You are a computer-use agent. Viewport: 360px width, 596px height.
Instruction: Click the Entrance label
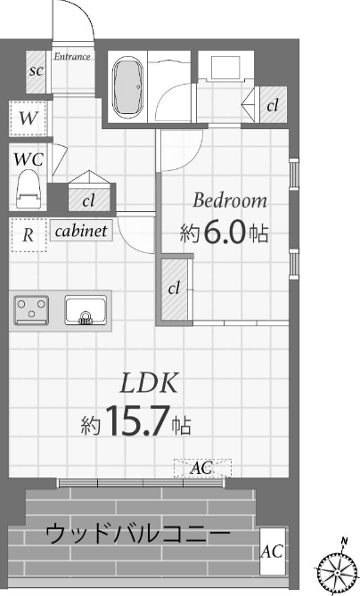(72, 57)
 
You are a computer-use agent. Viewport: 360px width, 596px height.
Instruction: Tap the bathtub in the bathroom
(128, 86)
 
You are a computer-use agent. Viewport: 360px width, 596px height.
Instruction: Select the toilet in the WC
(29, 189)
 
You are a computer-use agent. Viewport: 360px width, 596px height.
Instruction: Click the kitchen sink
(86, 310)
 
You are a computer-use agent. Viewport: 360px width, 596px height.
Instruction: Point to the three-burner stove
(31, 310)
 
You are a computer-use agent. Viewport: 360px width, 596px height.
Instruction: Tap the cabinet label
(81, 231)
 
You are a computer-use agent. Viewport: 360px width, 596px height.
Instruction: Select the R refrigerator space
(29, 235)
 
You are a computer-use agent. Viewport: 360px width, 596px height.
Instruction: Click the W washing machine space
(29, 118)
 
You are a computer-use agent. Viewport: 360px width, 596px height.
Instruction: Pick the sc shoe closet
(37, 71)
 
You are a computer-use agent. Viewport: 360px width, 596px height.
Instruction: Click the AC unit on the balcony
(272, 551)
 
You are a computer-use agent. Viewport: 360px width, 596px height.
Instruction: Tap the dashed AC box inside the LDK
(202, 468)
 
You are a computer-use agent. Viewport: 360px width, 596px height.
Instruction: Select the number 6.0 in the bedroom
(224, 233)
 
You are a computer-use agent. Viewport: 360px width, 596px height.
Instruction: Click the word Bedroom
(230, 200)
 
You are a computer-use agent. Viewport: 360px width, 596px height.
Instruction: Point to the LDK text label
(149, 383)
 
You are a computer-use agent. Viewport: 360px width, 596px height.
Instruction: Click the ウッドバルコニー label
(137, 535)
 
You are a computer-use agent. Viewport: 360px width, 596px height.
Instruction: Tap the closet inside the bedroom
(175, 290)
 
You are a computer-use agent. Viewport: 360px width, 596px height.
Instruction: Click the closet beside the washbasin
(273, 105)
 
